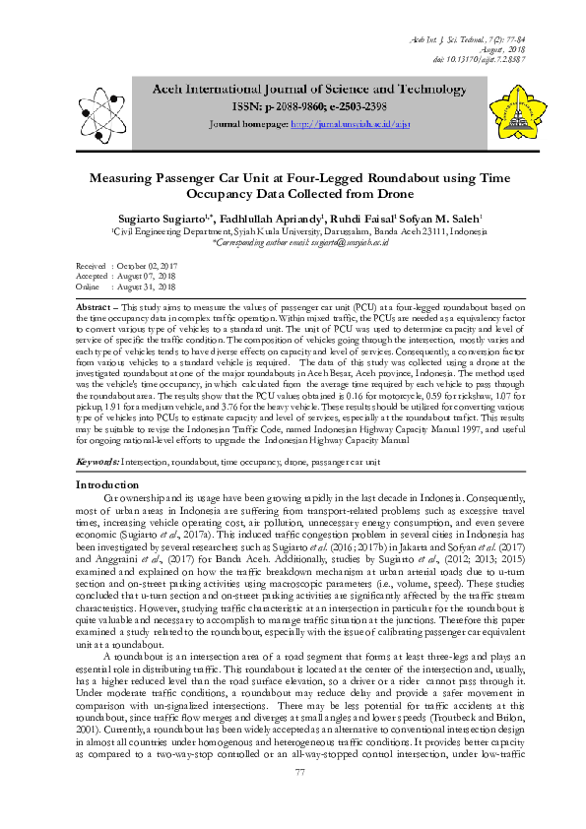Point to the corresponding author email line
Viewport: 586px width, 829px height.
[293, 242]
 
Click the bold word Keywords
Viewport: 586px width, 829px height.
[97, 460]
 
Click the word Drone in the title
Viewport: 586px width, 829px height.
[320, 195]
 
